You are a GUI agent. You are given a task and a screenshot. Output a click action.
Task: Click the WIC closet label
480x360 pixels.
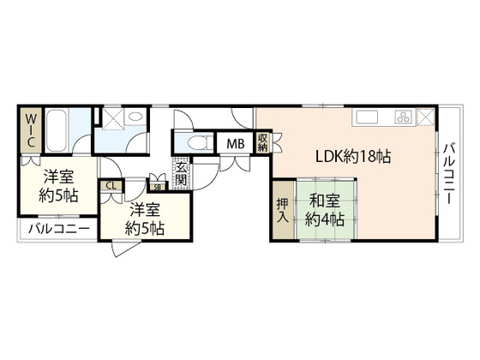(31, 129)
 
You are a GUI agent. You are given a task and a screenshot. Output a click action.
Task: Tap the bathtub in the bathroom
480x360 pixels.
(57, 129)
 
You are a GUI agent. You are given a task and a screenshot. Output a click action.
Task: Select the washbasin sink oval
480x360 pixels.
(135, 117)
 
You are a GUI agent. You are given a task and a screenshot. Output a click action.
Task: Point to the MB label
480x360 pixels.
(236, 144)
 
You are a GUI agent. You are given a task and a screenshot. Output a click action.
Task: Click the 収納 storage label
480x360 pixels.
(262, 142)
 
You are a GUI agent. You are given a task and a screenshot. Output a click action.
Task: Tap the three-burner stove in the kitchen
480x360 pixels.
(404, 117)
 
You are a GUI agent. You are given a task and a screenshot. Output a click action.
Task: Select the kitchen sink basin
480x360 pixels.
(367, 117)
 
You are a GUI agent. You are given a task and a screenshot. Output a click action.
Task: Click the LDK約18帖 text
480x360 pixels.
(353, 156)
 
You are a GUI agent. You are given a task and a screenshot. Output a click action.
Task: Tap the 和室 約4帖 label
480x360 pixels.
(325, 210)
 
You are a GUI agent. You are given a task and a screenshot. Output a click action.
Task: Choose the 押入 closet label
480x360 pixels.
(282, 210)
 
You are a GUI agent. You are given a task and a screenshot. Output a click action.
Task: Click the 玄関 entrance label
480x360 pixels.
(181, 174)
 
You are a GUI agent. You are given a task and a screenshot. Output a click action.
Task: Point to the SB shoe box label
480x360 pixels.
(158, 188)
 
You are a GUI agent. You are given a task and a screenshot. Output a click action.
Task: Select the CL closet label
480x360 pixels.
(111, 186)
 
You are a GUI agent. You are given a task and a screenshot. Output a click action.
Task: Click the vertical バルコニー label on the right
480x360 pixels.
(449, 173)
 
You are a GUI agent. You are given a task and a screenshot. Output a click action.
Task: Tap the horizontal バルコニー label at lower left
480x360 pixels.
(59, 229)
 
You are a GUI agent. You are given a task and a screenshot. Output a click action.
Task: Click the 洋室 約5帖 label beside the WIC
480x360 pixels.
(58, 185)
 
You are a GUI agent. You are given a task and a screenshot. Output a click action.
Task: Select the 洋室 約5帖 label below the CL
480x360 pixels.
(145, 219)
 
